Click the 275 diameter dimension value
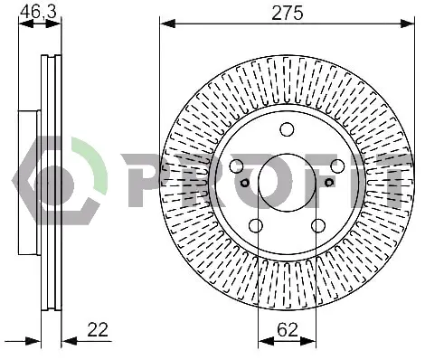(x=287, y=14)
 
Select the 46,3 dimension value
(x=38, y=13)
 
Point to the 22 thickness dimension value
(x=98, y=329)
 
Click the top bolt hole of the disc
(x=287, y=129)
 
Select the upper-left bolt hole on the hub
(x=237, y=166)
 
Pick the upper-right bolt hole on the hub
(x=337, y=166)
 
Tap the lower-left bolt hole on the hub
(x=256, y=225)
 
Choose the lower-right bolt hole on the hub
(x=318, y=225)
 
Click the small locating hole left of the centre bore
(x=245, y=182)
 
